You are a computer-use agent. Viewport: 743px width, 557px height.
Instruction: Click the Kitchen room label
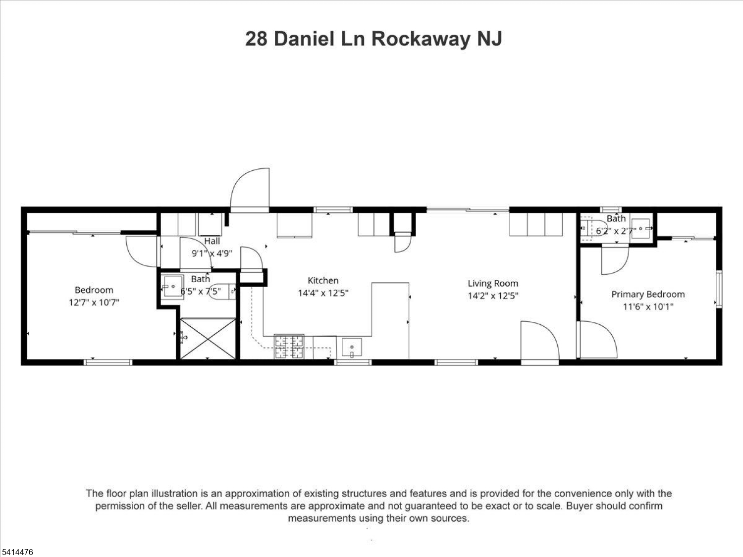(x=323, y=281)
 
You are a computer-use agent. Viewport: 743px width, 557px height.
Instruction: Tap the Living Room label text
(x=493, y=284)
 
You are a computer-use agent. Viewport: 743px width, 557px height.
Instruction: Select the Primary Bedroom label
(x=648, y=295)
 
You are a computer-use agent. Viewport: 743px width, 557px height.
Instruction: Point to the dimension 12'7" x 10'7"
(x=94, y=303)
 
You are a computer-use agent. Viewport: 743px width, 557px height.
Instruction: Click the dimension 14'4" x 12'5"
(x=323, y=293)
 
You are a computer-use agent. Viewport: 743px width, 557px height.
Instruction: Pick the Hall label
(x=212, y=241)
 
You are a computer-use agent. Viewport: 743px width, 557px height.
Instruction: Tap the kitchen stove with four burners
(x=289, y=347)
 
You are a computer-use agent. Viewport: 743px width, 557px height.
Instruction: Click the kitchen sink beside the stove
(x=352, y=347)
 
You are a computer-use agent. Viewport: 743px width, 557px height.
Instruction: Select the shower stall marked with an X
(x=208, y=339)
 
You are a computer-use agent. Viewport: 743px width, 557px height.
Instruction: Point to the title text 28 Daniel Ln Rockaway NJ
(x=373, y=39)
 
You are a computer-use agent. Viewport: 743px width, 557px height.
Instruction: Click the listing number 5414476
(x=17, y=552)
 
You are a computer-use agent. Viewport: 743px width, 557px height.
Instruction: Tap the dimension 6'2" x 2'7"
(x=616, y=231)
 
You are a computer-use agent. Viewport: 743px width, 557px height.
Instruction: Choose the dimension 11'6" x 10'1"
(x=648, y=307)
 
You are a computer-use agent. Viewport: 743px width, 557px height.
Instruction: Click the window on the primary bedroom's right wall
(x=719, y=289)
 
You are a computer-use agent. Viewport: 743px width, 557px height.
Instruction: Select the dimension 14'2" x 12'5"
(x=493, y=296)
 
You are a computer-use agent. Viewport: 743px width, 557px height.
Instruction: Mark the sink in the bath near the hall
(x=173, y=287)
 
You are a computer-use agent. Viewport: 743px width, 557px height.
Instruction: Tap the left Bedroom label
(x=94, y=290)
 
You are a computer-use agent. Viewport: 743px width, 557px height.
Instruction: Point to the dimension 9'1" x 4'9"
(x=212, y=253)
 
